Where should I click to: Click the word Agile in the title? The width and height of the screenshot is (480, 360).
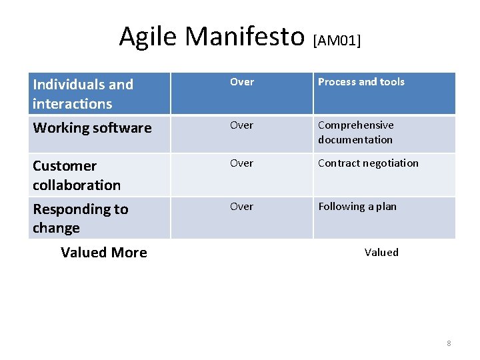pos(148,36)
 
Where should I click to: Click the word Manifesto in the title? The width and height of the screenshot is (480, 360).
pos(245,36)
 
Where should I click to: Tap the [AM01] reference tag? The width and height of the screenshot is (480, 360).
pos(337,41)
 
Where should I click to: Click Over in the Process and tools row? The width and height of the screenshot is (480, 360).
pos(241,82)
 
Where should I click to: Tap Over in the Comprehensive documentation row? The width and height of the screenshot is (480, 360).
pos(241,125)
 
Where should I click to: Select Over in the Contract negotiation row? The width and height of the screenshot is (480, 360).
pos(241,163)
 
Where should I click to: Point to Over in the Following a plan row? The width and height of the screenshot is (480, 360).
pos(241,207)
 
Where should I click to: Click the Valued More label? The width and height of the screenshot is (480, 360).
pos(104,253)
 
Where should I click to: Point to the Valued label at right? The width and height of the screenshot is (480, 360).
pos(381,253)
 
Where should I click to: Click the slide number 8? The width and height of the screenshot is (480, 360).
pos(449,343)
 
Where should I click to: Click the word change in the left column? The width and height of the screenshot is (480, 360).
pos(56,228)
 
